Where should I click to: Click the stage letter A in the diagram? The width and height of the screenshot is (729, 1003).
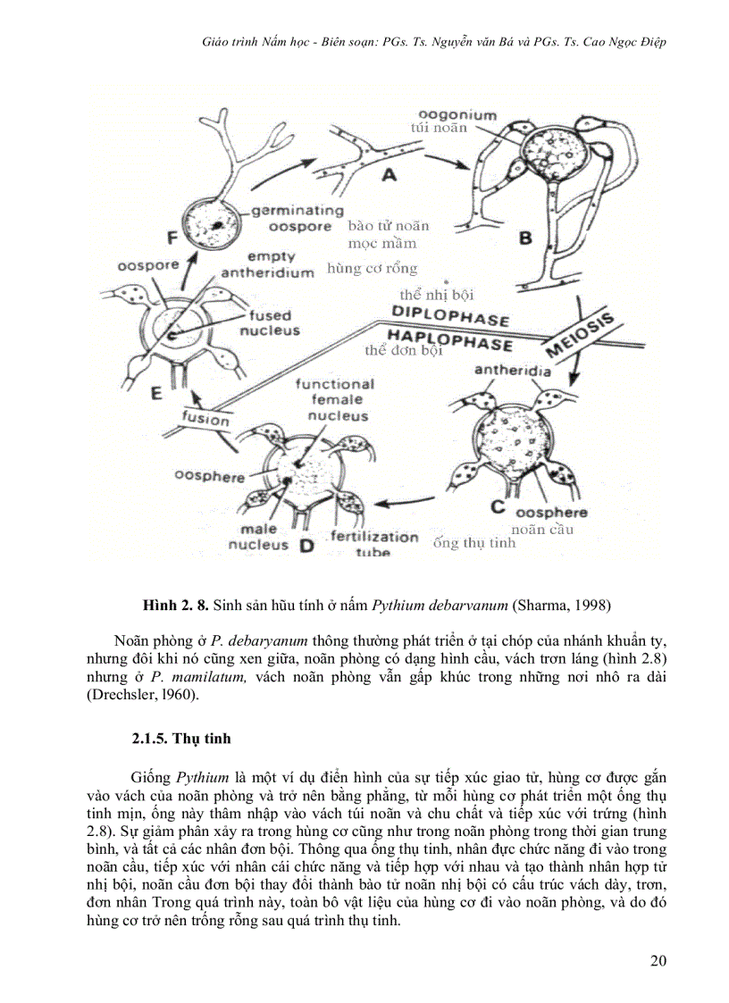(x=389, y=176)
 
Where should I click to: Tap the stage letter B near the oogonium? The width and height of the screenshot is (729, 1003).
(x=525, y=238)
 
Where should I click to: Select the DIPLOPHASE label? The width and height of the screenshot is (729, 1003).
(x=450, y=313)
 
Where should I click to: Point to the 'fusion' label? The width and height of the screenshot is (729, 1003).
(x=205, y=418)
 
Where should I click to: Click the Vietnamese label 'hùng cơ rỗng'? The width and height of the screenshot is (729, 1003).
(x=372, y=268)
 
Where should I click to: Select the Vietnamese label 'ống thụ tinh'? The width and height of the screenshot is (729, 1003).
(x=473, y=542)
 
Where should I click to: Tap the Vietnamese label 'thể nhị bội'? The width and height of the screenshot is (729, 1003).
(x=436, y=294)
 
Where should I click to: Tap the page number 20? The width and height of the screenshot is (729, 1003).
(x=658, y=961)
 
